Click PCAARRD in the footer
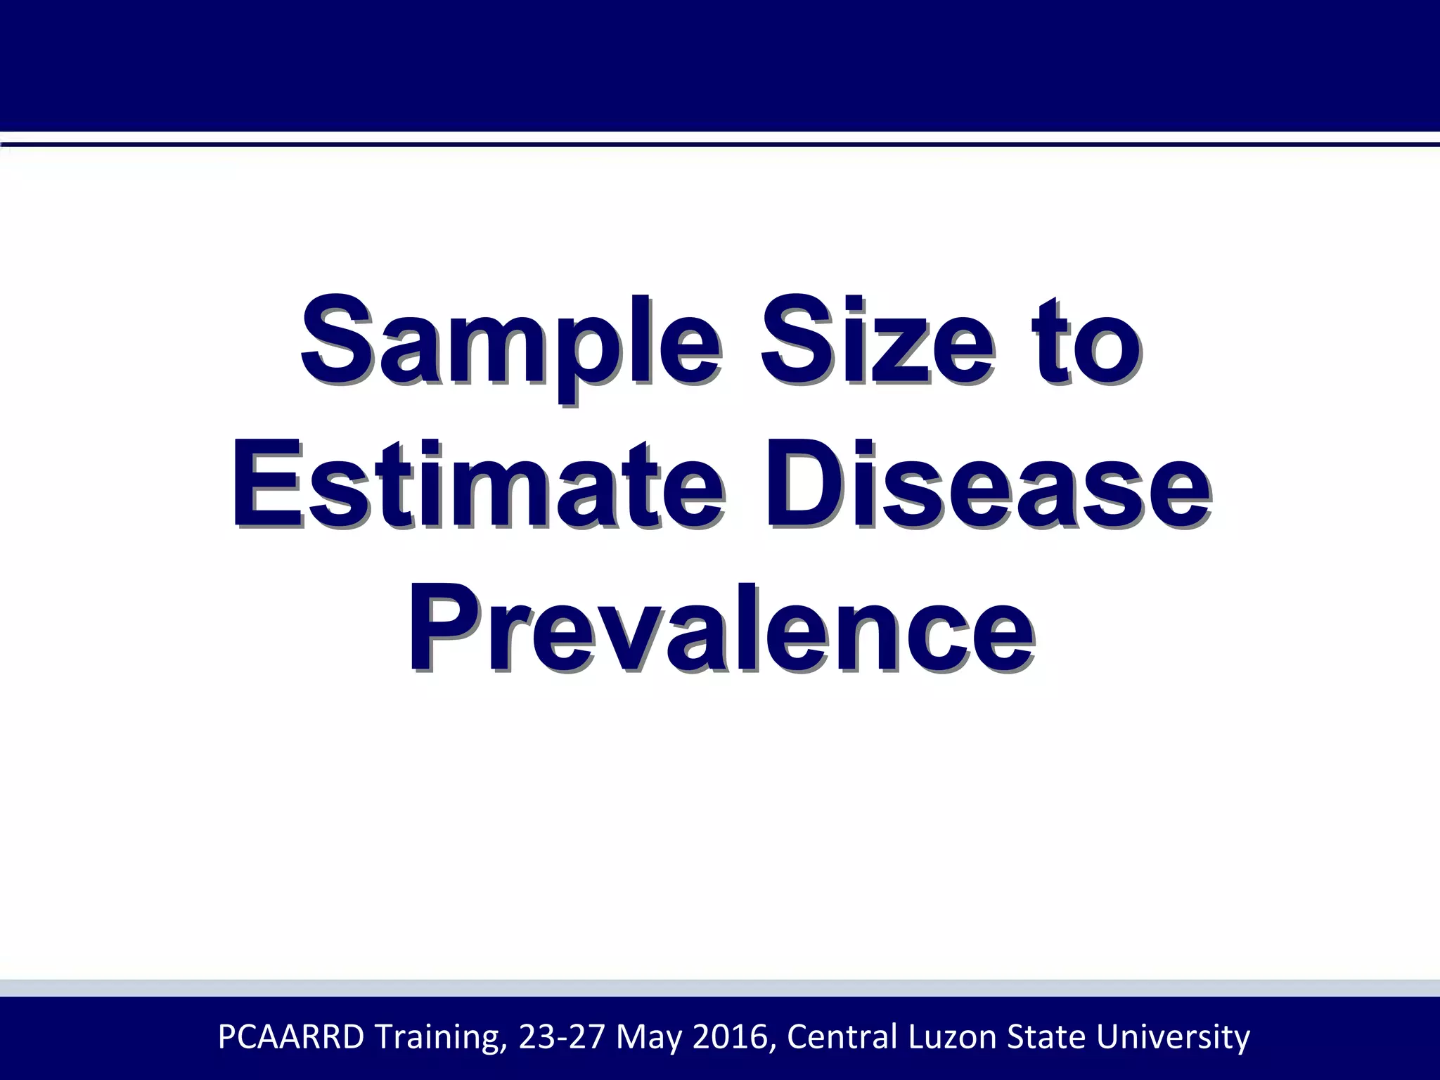pos(291,1037)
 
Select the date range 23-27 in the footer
pos(561,1037)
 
